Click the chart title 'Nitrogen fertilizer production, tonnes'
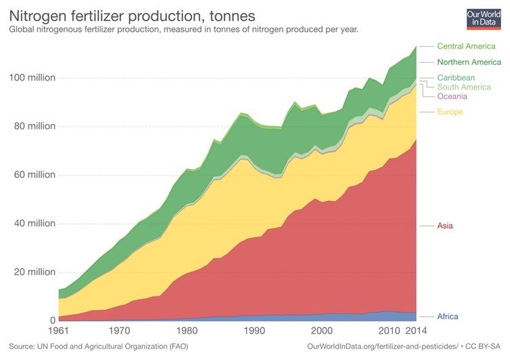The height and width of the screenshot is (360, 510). pos(131,14)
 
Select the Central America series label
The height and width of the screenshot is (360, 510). pos(466,46)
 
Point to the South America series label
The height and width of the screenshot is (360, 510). pos(464,87)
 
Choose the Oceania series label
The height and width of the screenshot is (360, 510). pos(453,96)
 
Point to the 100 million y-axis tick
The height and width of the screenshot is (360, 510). pos(32,78)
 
